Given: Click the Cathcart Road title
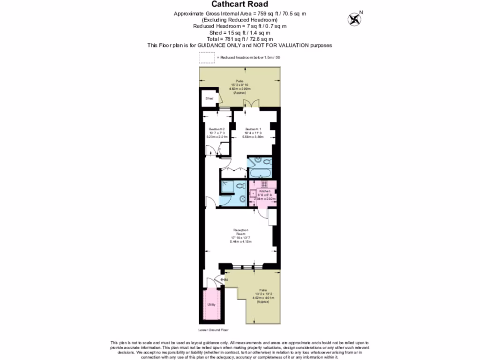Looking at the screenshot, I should tap(240, 4).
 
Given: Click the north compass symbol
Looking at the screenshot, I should tap(354, 19).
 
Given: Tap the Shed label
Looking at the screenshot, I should tap(210, 99).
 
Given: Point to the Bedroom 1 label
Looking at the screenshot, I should tap(253, 129).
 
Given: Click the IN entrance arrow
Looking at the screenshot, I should tap(224, 280).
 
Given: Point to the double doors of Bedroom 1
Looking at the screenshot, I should tap(253, 103).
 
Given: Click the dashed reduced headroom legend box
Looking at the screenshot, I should tap(206, 57).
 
